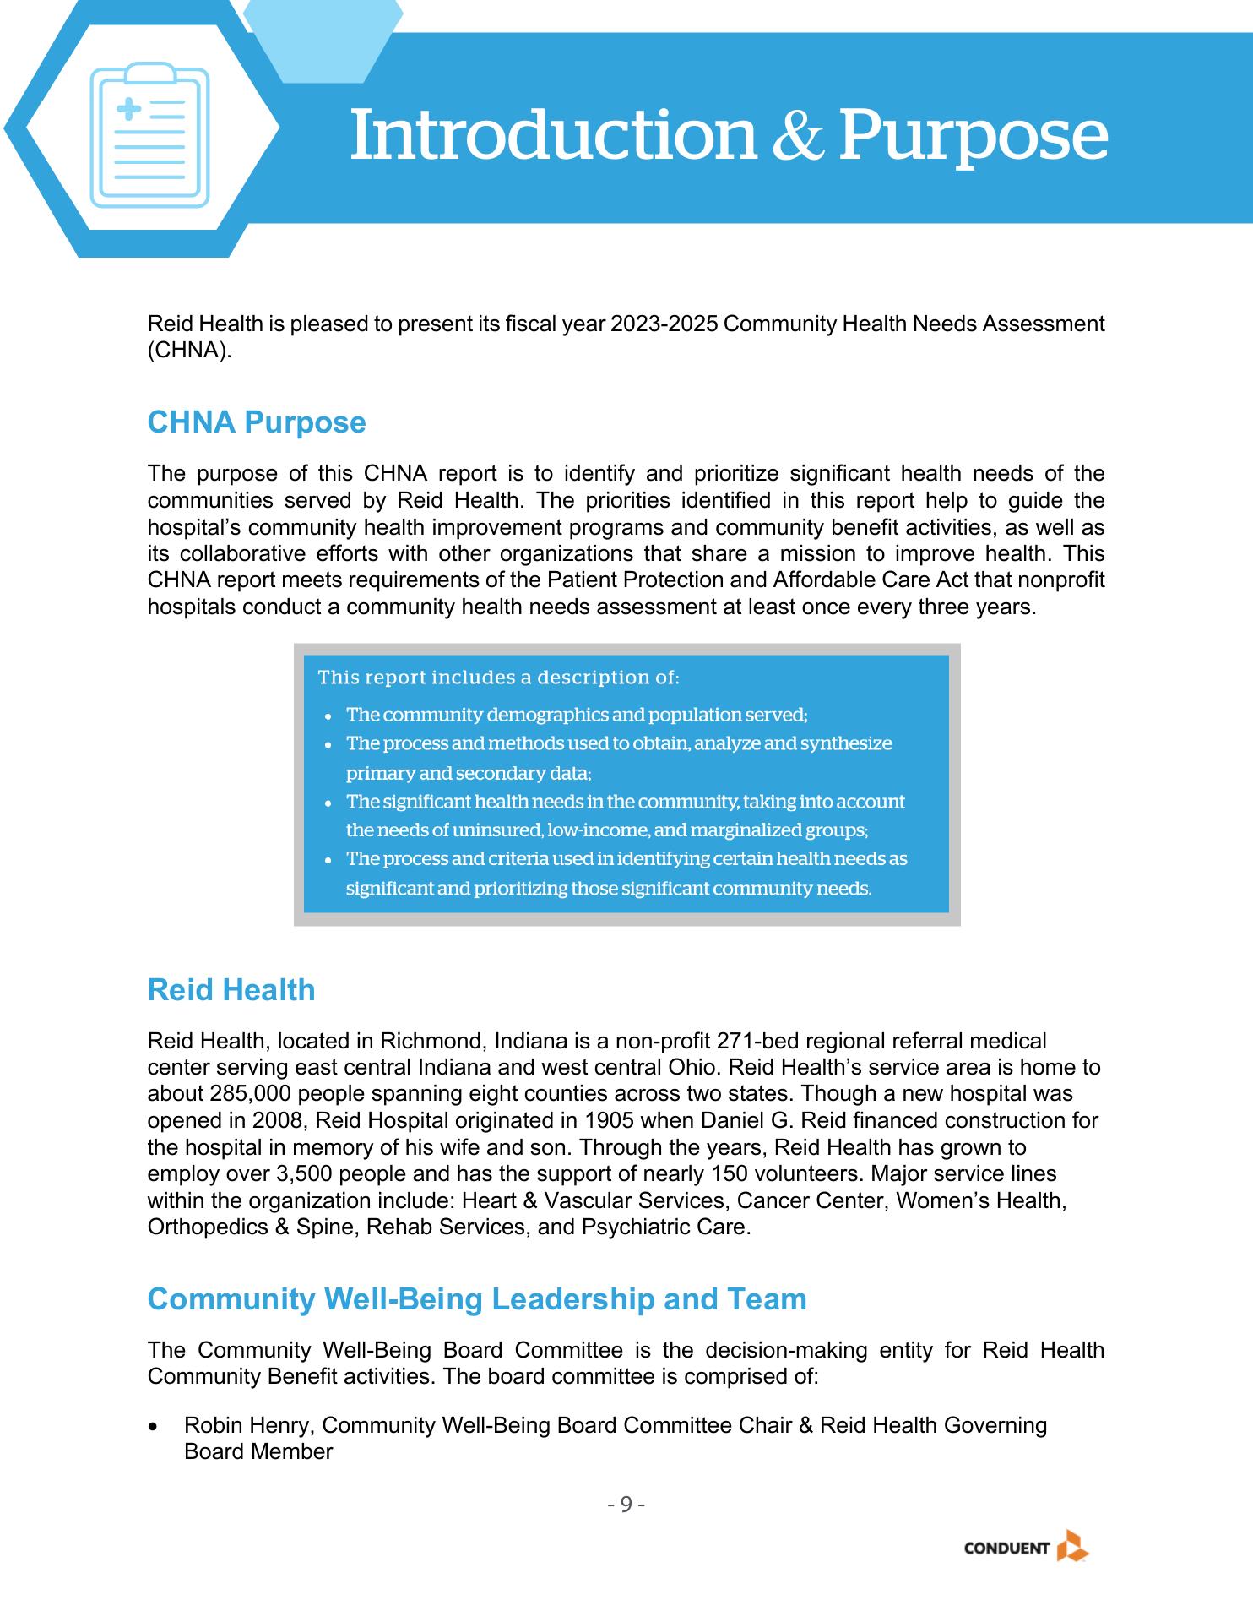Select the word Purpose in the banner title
pos(973,135)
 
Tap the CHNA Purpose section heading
pos(257,422)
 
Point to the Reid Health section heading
pos(231,990)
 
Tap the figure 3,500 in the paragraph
pos(304,1174)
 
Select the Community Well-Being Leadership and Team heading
pos(477,1299)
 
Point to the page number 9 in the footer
pos(626,1505)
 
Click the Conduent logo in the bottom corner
pos(1026,1549)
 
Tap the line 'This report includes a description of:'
pos(498,678)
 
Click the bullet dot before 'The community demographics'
pos(328,716)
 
